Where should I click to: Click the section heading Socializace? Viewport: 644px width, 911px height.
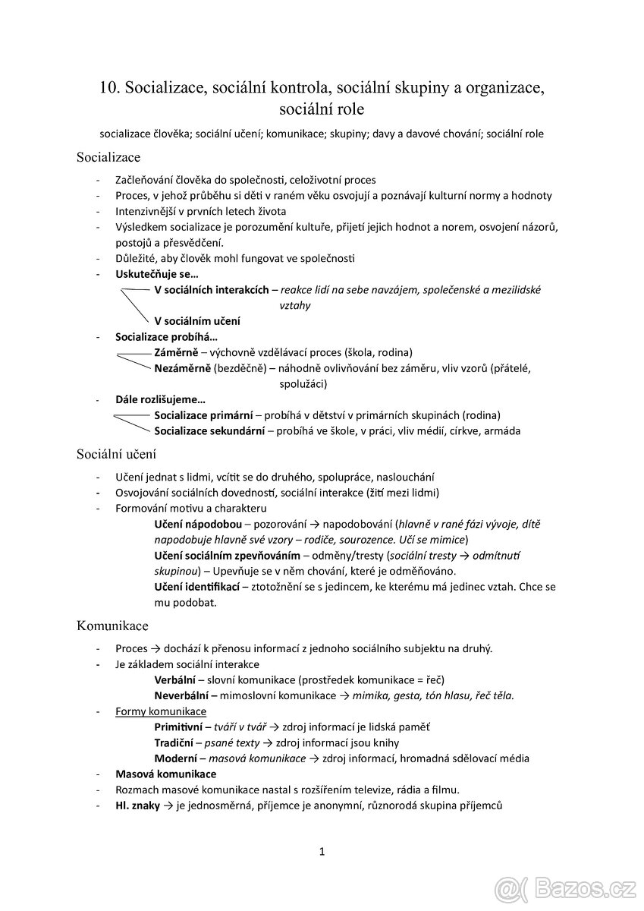pyautogui.click(x=108, y=157)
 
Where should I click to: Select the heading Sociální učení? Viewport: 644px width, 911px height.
pyautogui.click(x=116, y=454)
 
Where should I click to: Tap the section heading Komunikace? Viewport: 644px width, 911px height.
pyautogui.click(x=112, y=626)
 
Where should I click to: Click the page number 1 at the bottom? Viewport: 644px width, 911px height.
pyautogui.click(x=322, y=851)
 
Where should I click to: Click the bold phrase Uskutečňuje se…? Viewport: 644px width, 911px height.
pyautogui.click(x=156, y=273)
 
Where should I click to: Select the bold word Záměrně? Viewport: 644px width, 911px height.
pyautogui.click(x=176, y=352)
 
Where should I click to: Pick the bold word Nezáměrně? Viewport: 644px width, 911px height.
pyautogui.click(x=182, y=368)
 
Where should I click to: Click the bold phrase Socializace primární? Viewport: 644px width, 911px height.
pyautogui.click(x=203, y=415)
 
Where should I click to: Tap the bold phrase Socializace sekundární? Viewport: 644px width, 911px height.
pyautogui.click(x=209, y=430)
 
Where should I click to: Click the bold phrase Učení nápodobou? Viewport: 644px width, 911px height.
pyautogui.click(x=198, y=525)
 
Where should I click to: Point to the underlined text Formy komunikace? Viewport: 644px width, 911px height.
pyautogui.click(x=161, y=711)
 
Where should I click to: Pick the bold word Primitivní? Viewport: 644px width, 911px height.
pyautogui.click(x=180, y=727)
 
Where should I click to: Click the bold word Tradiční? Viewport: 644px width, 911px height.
pyautogui.click(x=175, y=742)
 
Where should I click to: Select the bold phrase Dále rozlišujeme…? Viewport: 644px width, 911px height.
pyautogui.click(x=160, y=399)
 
